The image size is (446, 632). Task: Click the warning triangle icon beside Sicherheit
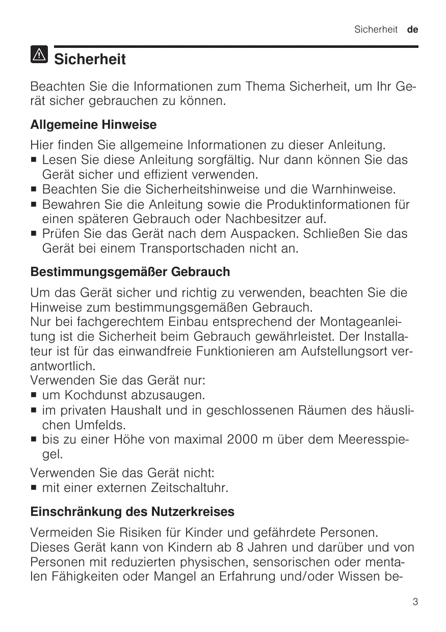click(39, 53)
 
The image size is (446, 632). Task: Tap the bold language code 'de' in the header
click(412, 30)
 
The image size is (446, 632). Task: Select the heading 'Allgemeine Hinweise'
click(93, 124)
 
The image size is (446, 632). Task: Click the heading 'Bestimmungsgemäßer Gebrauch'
click(130, 272)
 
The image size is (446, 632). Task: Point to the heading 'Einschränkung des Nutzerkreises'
click(133, 511)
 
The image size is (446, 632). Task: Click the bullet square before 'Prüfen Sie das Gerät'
click(34, 235)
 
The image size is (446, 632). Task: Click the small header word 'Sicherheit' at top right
click(376, 30)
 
